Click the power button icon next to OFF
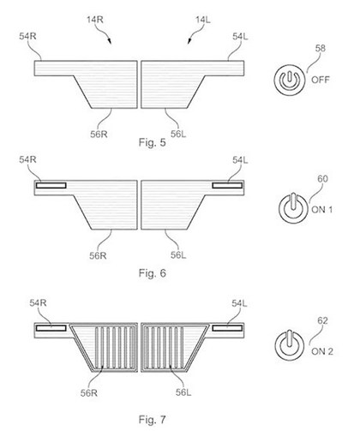[290, 80]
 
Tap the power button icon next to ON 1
[293, 208]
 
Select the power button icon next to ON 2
[290, 344]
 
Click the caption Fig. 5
[153, 142]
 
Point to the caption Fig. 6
[153, 273]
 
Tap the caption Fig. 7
[153, 420]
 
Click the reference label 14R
[95, 20]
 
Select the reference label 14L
[203, 20]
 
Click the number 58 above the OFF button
[321, 48]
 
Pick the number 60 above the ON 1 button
[322, 179]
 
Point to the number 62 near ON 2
[322, 320]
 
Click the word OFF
[321, 80]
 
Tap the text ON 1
[322, 210]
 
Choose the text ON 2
[322, 351]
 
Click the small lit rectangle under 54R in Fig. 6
[51, 186]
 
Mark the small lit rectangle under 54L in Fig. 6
[227, 186]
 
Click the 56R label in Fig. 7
[89, 393]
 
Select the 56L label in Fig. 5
[178, 134]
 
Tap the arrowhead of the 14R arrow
[110, 42]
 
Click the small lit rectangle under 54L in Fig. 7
[227, 328]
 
